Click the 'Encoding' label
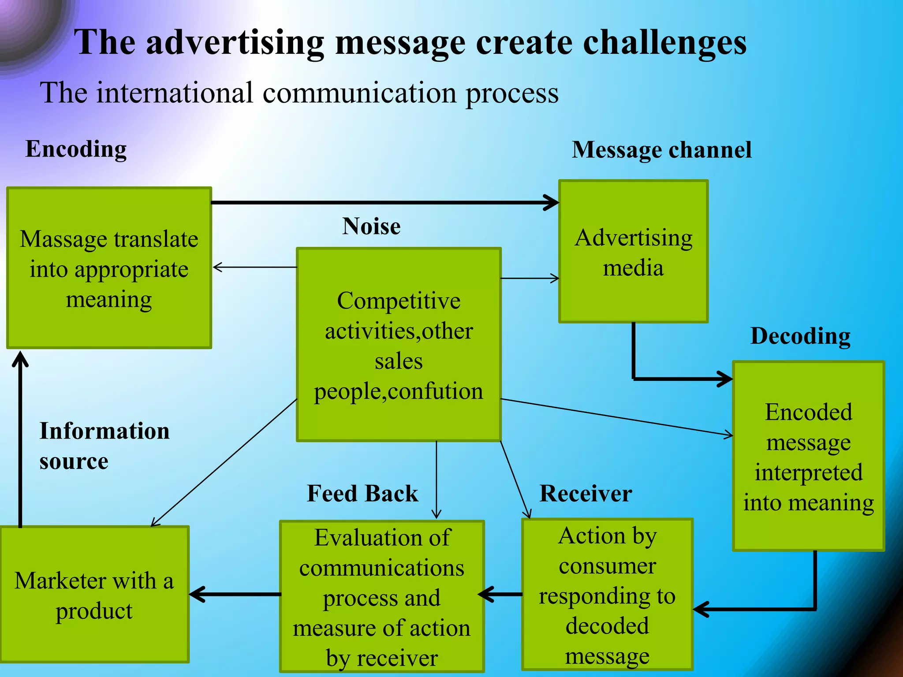(x=76, y=149)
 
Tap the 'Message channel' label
(x=661, y=150)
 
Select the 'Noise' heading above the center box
(x=371, y=227)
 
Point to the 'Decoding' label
(x=800, y=336)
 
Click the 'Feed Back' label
(x=362, y=493)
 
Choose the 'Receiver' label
(x=586, y=493)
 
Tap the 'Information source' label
(x=104, y=446)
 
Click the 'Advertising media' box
(x=633, y=251)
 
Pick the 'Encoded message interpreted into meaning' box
(x=808, y=456)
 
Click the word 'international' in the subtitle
(x=175, y=93)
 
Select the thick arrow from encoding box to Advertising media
(x=384, y=203)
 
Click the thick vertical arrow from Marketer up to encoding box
(x=20, y=441)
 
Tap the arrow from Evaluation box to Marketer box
(x=235, y=594)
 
